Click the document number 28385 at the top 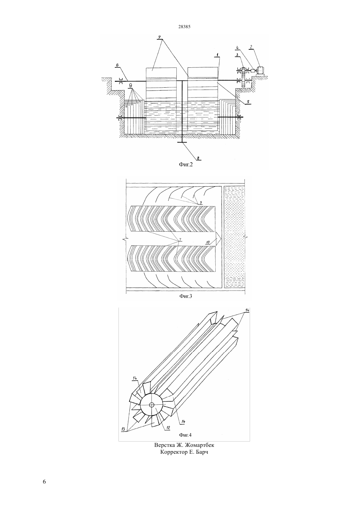(x=184, y=26)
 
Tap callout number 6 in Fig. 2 (x=117, y=65)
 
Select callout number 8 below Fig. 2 (x=198, y=157)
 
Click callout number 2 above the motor (x=251, y=47)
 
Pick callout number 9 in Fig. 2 (x=131, y=86)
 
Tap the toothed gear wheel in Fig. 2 (x=244, y=78)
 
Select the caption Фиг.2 (x=186, y=165)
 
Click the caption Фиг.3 (x=186, y=296)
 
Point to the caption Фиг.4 (x=185, y=435)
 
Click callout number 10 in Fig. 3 (x=208, y=242)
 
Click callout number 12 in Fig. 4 (x=168, y=428)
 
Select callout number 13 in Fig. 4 (x=123, y=429)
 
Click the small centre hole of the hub (x=152, y=405)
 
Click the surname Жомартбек (x=201, y=445)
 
